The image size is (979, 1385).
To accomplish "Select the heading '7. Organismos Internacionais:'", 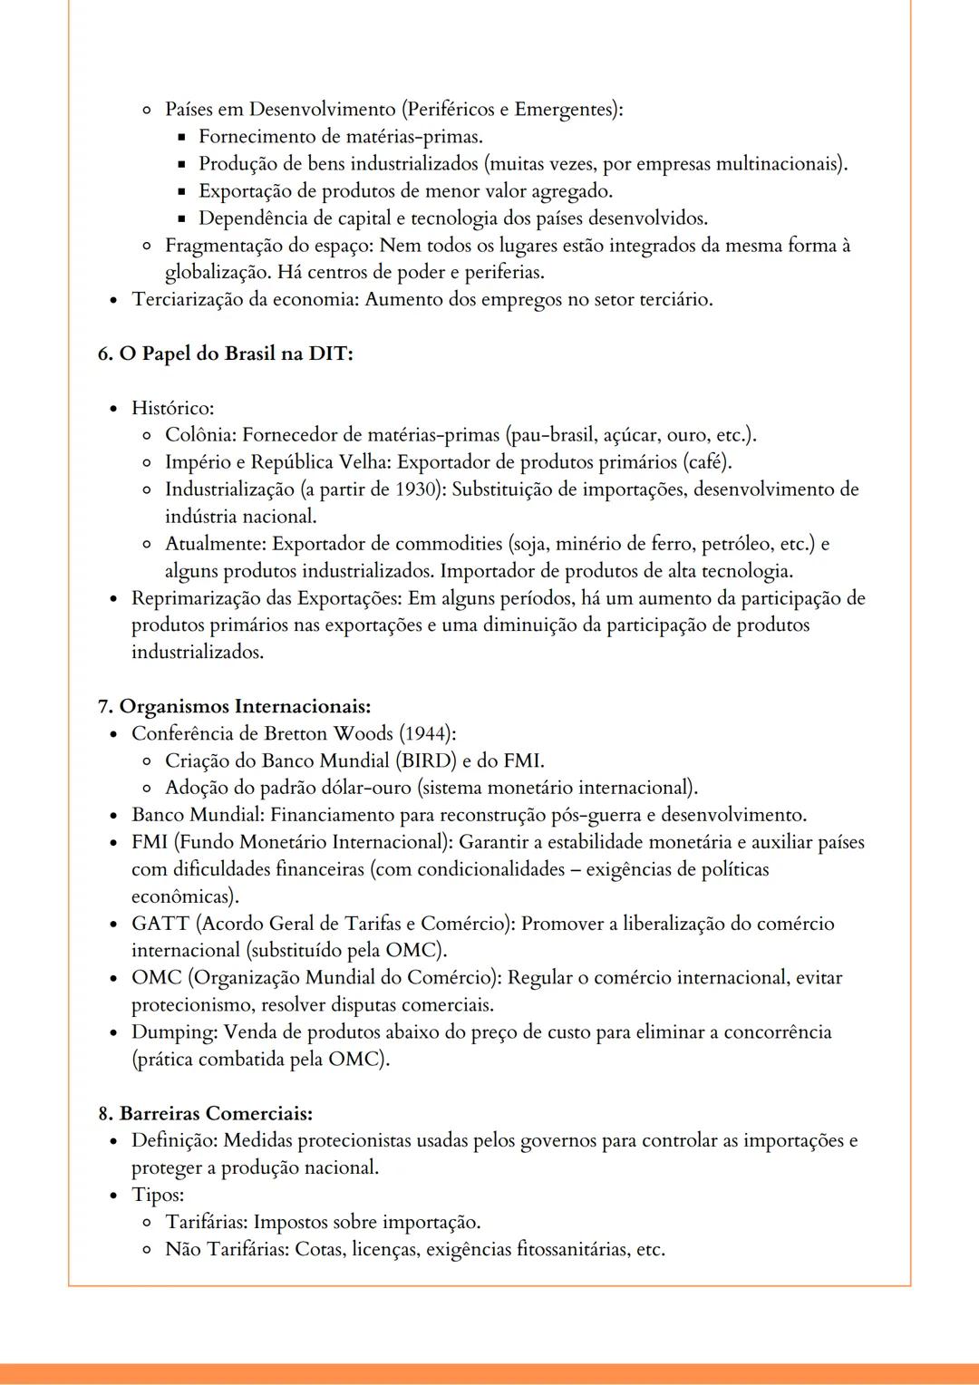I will pos(234,706).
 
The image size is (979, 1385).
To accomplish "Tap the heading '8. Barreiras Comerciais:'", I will pos(205,1113).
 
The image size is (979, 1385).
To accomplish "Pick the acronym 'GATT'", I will pos(160,924).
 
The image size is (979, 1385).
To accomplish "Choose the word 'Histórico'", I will pos(171,409).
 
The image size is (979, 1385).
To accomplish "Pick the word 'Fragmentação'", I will pos(221,246).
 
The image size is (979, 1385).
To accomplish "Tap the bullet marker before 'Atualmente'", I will pos(146,545).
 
